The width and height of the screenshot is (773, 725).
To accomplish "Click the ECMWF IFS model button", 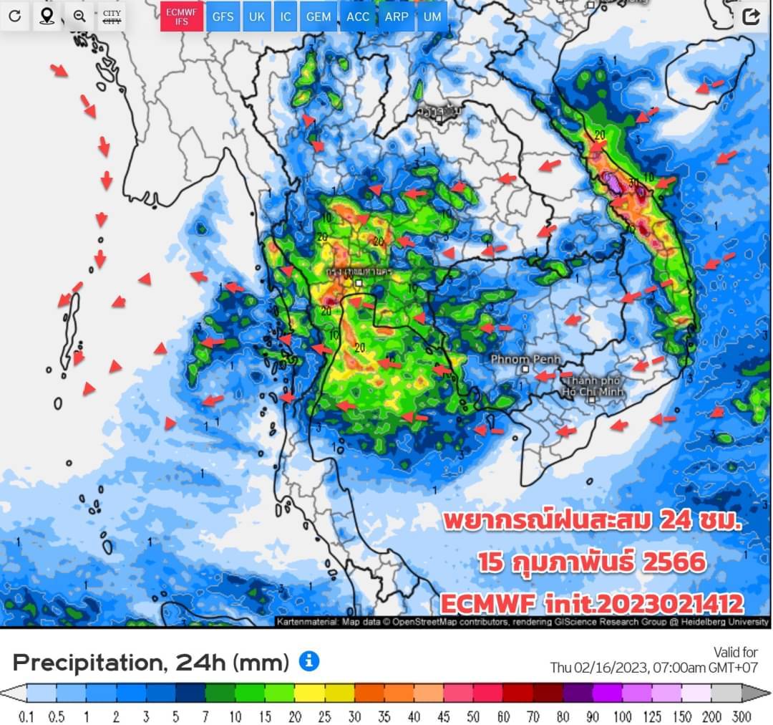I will click(x=181, y=16).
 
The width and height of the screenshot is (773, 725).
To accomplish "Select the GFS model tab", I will click(x=223, y=16).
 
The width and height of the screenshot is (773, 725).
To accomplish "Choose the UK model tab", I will click(x=256, y=16).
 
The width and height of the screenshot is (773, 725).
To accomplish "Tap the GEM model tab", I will click(x=318, y=16).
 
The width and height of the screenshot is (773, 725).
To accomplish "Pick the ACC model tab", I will click(x=358, y=16).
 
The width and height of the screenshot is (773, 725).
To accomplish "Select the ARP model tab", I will click(x=396, y=16).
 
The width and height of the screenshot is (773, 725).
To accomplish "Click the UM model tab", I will click(x=432, y=16).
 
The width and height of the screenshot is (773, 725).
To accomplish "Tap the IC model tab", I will click(x=286, y=16).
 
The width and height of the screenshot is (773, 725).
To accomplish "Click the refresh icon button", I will click(x=15, y=16).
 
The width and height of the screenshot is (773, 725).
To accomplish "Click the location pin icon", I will click(x=47, y=16).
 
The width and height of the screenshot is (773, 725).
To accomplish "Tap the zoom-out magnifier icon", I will click(x=79, y=16).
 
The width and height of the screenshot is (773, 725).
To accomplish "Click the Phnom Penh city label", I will click(x=527, y=359).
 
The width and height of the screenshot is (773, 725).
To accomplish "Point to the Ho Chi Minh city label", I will click(x=593, y=387).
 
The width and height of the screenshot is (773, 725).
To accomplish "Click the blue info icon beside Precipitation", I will click(x=308, y=661).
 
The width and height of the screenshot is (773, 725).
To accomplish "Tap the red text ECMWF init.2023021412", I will click(x=591, y=602).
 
